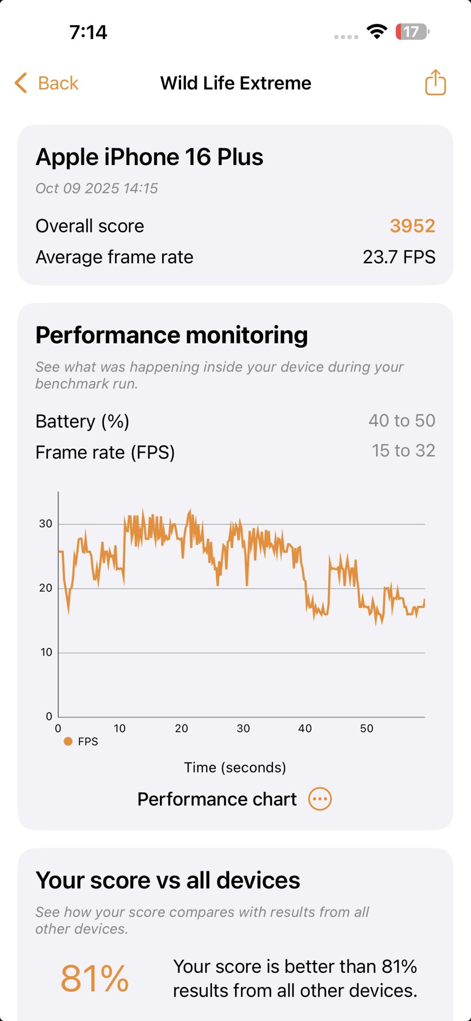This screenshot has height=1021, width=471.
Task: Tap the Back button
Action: coord(47,83)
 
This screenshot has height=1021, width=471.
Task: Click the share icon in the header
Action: coord(435,83)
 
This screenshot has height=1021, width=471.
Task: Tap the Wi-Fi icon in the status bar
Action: coord(377,32)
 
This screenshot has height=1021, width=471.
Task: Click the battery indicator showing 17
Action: coord(412,32)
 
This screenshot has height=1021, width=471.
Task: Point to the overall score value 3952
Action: coord(412,226)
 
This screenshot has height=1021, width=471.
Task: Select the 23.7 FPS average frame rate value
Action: coord(399,257)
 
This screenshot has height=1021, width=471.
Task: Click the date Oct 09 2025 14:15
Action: coord(97,188)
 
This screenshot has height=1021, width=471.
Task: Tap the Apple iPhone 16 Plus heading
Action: coord(150,157)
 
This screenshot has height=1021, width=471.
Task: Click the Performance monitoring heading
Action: coord(171,335)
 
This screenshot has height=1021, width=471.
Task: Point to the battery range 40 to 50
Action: coord(402,420)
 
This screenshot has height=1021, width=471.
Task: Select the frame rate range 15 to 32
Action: coord(403,451)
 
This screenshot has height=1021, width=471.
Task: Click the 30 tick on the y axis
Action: coord(46,524)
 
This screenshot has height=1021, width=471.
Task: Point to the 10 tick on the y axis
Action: coord(46,652)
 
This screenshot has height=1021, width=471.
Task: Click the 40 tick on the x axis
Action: coord(305,728)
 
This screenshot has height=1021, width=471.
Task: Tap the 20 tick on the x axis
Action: coord(181,728)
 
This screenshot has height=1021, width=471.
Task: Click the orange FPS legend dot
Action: coord(68,741)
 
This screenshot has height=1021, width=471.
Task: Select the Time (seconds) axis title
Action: coord(235,767)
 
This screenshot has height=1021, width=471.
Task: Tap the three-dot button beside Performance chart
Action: coord(320,799)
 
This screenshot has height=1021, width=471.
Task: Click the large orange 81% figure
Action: coord(95,978)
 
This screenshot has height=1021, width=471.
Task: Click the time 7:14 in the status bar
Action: coord(88,32)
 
